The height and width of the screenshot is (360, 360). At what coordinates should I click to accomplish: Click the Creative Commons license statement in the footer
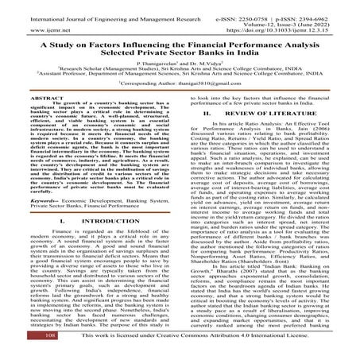[192, 348]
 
